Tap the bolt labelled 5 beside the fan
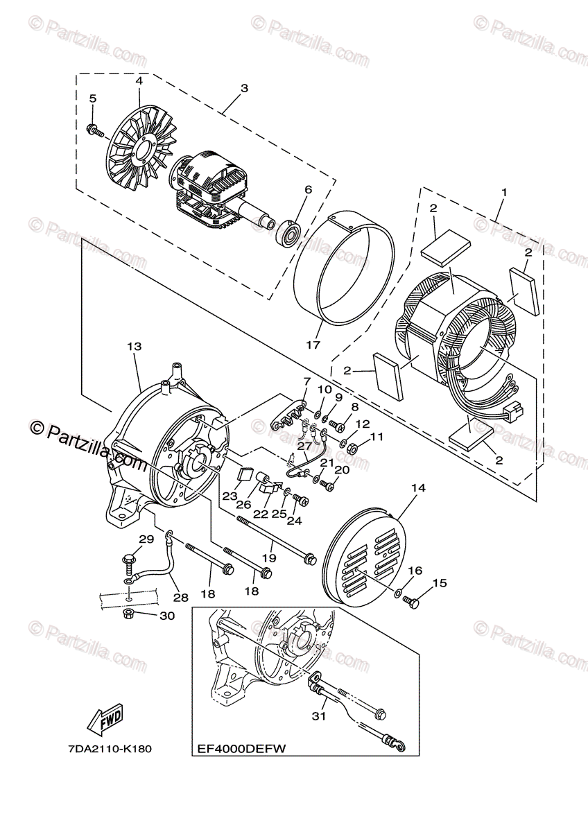95,130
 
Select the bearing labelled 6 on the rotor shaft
291,229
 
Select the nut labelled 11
352,449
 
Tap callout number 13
135,347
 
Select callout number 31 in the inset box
318,716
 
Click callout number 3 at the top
244,89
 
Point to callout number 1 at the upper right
504,193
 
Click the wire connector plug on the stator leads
513,409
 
